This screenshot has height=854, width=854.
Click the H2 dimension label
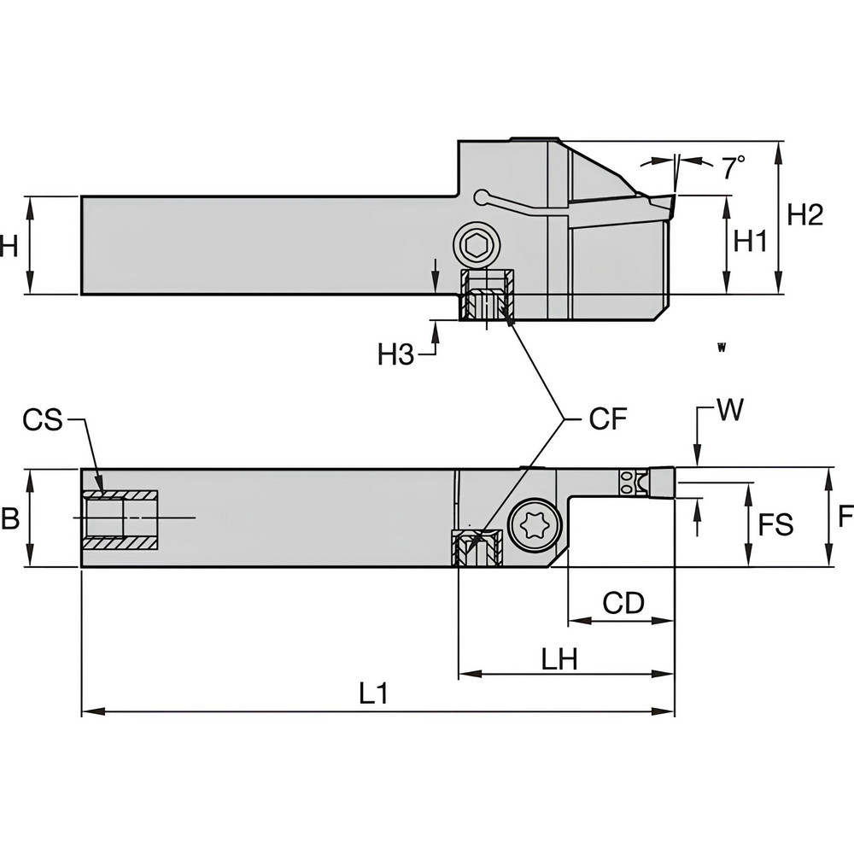point(804,215)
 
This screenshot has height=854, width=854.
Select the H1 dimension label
point(752,243)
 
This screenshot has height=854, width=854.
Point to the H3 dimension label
point(396,354)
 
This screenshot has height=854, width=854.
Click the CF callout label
point(607,418)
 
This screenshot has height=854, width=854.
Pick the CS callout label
point(43,419)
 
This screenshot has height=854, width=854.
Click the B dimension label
point(9,518)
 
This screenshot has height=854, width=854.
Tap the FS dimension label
point(775,524)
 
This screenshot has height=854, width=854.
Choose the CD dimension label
point(623,603)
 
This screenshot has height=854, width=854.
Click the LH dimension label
point(559,658)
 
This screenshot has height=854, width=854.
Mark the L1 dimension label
point(373,693)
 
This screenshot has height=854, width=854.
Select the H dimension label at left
point(9,246)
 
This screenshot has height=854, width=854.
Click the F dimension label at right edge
point(845,517)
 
